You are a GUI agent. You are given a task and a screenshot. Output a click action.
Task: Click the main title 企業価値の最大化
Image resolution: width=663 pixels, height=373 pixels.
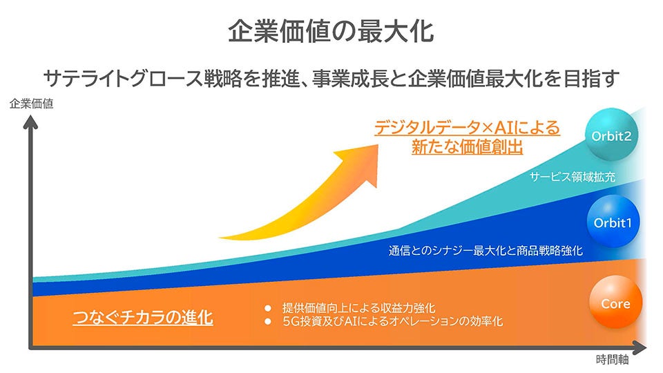pyautogui.click(x=331, y=31)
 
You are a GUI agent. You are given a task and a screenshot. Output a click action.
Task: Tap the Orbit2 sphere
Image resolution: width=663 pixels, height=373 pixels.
pyautogui.click(x=611, y=135)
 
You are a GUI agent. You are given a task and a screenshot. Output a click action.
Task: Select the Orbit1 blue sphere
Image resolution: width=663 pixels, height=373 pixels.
pyautogui.click(x=613, y=221)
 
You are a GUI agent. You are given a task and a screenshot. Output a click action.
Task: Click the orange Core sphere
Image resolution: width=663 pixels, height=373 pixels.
pyautogui.click(x=615, y=302)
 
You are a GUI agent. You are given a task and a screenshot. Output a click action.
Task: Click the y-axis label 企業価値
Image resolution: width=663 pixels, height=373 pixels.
pyautogui.click(x=31, y=104)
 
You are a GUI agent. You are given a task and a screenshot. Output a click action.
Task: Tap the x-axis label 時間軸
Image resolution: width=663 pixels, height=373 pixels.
pyautogui.click(x=613, y=360)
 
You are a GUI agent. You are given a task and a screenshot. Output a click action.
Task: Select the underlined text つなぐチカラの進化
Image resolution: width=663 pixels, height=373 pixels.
pyautogui.click(x=143, y=318)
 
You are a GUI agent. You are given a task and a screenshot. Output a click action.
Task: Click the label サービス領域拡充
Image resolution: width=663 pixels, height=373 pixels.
pyautogui.click(x=573, y=177)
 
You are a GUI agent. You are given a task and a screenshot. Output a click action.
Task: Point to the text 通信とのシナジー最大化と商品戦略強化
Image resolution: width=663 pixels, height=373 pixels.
pyautogui.click(x=486, y=251)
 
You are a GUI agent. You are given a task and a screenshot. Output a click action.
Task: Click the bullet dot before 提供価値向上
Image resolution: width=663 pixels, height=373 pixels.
pyautogui.click(x=267, y=308)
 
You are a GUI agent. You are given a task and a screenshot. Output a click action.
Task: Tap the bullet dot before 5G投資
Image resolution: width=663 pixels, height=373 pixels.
pyautogui.click(x=267, y=322)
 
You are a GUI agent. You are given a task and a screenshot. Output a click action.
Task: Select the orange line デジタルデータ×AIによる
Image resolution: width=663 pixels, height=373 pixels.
pyautogui.click(x=468, y=127)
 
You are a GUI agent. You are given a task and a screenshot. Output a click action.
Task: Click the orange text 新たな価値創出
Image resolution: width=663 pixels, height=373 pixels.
pyautogui.click(x=468, y=146)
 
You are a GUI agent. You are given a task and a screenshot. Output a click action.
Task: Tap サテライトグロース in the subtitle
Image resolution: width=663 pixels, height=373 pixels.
pyautogui.click(x=124, y=79)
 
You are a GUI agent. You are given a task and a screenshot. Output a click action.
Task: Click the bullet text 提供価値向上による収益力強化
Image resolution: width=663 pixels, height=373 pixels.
pyautogui.click(x=359, y=308)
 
